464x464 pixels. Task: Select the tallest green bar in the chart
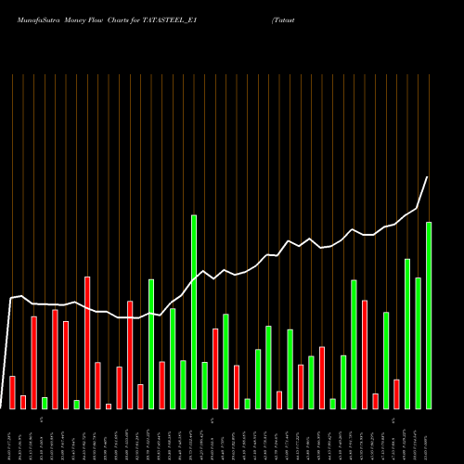(x=194, y=312)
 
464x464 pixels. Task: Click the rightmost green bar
(x=429, y=316)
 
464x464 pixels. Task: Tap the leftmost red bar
(x=12, y=393)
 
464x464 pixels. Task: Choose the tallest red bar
(x=87, y=342)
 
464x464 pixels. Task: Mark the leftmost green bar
(x=45, y=403)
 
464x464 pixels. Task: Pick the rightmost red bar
(x=396, y=394)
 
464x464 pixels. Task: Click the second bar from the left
(x=23, y=402)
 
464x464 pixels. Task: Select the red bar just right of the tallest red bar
(x=97, y=385)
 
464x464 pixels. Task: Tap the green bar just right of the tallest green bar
(x=204, y=385)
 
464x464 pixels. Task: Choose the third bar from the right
(x=407, y=334)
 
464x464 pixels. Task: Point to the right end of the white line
(x=428, y=177)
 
